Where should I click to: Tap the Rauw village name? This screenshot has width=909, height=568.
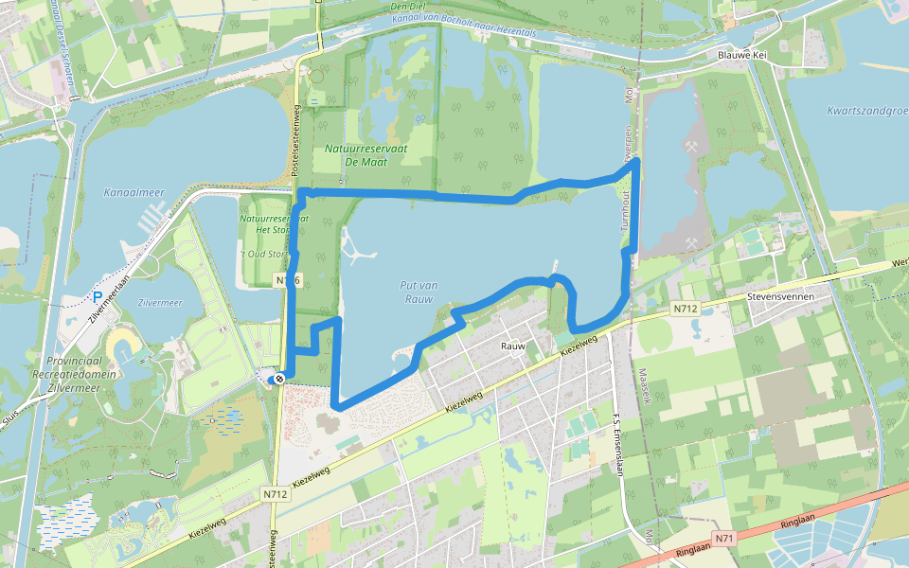click(x=512, y=346)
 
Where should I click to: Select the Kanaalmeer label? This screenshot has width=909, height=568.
click(x=134, y=192)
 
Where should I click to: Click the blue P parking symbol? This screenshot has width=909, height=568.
click(x=97, y=297)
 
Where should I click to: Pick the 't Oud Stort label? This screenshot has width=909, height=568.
click(x=261, y=254)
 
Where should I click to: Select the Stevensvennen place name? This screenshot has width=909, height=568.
click(x=780, y=295)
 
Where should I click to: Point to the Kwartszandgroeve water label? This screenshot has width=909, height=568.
click(x=866, y=111)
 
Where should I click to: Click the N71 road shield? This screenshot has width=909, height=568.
click(x=725, y=538)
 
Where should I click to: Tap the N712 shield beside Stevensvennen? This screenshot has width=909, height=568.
click(x=686, y=309)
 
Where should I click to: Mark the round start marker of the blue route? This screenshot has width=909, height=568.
click(x=280, y=380)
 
